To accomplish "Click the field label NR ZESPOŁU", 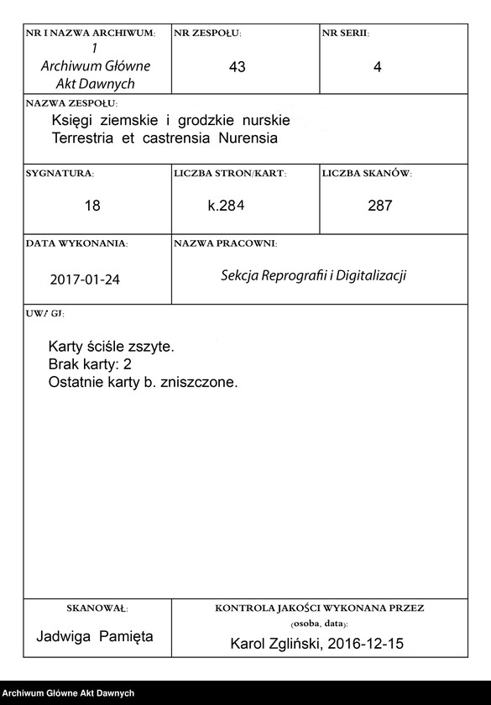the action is coord(206,33).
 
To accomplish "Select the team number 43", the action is coord(237,68).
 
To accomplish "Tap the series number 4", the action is coord(378,68).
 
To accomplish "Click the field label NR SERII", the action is coord(344,33).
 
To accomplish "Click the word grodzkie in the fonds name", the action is coord(212,121).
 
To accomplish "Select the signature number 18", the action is coord(92,206).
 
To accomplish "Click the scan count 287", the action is coord(379,206).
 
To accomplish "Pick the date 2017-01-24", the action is coord(85,279).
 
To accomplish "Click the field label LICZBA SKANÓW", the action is coord(366,174).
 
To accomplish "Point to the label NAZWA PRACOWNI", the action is coord(225,243).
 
